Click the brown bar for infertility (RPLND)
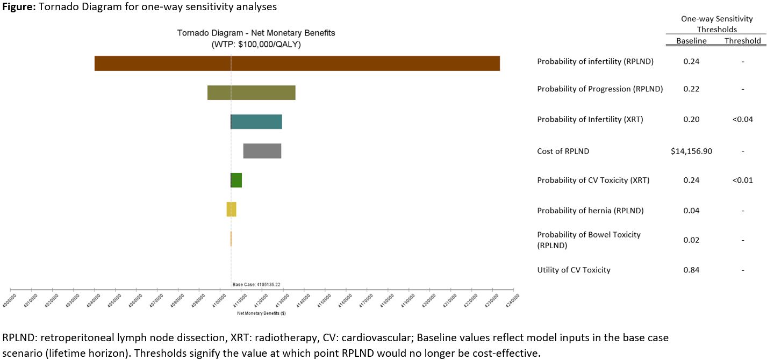tap(297, 63)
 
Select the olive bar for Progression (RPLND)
tap(251, 92)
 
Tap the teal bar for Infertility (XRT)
tap(256, 121)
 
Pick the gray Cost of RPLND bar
tap(262, 151)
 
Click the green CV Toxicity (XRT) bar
tap(236, 180)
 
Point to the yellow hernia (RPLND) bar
tap(231, 209)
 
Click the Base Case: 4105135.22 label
tap(256, 284)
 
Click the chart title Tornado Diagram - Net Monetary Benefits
tap(256, 33)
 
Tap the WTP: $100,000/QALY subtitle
tap(256, 45)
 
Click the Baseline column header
tap(691, 41)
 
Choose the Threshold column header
tap(742, 41)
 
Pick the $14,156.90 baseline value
tap(691, 151)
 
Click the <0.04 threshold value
tap(742, 119)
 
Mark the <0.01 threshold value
tap(742, 180)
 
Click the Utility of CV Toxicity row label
tap(574, 270)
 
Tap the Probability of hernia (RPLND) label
tap(590, 210)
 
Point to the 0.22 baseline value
tap(691, 89)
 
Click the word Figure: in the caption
tap(18, 7)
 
